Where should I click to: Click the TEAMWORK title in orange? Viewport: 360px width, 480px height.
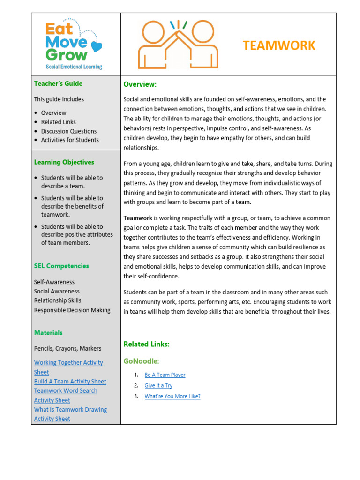[279, 45]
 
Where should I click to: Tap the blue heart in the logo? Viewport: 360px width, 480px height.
[96, 46]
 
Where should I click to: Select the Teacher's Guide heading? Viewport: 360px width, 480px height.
[58, 83]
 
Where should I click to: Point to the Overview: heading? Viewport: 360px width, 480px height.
[140, 84]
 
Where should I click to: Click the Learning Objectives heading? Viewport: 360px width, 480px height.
[64, 162]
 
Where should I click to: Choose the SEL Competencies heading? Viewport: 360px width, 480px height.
[61, 266]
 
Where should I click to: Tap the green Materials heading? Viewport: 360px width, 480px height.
[48, 333]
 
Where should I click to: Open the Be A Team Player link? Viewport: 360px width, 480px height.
[165, 375]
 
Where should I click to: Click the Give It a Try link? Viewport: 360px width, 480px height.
[158, 385]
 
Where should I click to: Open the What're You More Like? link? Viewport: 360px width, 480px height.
[172, 396]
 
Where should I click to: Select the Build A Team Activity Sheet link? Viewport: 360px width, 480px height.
[70, 382]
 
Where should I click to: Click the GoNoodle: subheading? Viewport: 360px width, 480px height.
[141, 361]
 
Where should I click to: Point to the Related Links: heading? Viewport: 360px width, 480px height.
[146, 344]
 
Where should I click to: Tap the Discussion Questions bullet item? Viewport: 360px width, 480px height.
[68, 131]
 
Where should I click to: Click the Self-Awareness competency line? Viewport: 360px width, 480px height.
[54, 282]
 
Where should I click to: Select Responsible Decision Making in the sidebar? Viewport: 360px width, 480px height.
[72, 310]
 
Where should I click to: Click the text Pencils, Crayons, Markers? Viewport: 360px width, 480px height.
[67, 348]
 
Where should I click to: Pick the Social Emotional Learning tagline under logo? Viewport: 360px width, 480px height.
[74, 67]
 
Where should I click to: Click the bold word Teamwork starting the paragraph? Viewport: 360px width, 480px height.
[138, 218]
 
